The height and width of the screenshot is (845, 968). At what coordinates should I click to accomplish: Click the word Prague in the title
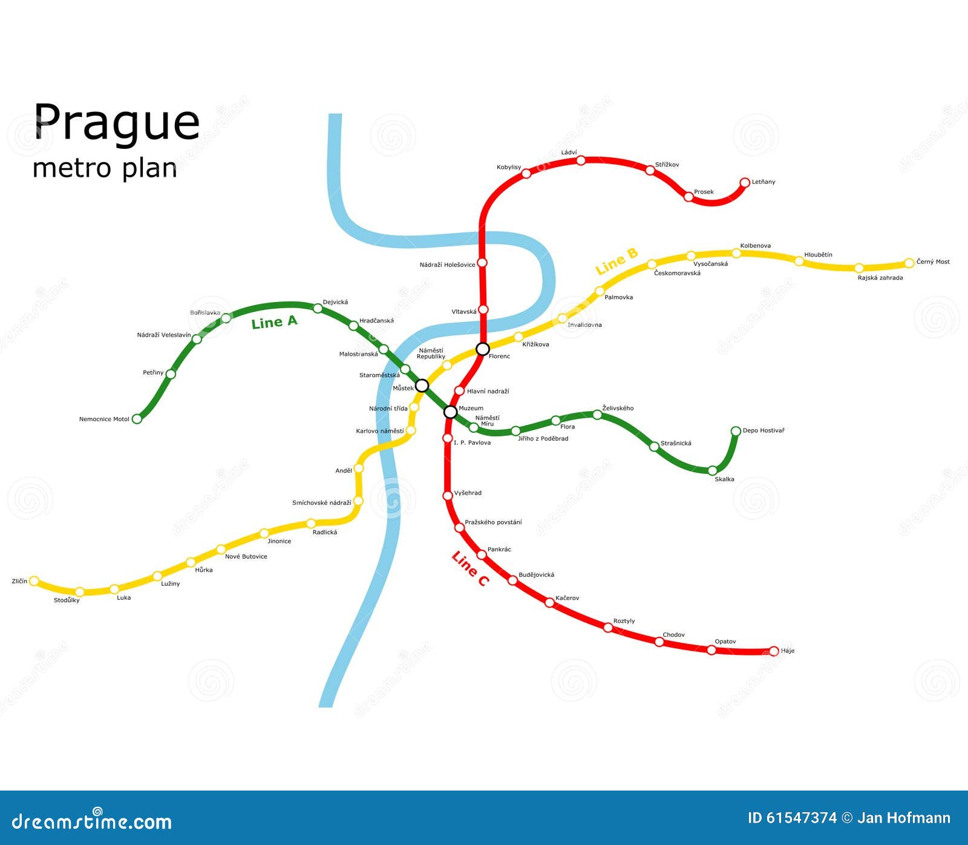point(116,123)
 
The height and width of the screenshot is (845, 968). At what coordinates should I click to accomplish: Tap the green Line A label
point(275,322)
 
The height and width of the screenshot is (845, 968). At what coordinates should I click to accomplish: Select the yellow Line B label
point(616,261)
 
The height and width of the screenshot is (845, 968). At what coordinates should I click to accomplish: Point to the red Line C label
point(470,569)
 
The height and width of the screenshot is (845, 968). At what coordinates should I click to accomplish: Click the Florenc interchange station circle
point(483,349)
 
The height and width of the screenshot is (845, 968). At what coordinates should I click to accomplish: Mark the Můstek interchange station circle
point(422,386)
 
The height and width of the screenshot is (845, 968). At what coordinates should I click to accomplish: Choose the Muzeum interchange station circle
point(450,412)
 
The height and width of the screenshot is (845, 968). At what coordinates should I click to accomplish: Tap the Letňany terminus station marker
point(745,182)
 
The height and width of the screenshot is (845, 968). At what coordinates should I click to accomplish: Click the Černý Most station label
point(933,262)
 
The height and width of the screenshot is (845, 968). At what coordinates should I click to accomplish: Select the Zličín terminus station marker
point(34,581)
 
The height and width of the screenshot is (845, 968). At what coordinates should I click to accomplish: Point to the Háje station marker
point(773,651)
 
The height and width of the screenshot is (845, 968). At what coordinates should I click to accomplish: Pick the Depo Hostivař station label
point(764,431)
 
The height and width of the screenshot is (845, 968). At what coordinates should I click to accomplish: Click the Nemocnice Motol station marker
point(137,419)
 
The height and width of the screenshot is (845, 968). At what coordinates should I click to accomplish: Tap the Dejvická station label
point(335,302)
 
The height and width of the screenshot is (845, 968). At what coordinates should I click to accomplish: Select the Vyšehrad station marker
point(448,495)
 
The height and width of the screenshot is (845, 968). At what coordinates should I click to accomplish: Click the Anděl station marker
point(359,468)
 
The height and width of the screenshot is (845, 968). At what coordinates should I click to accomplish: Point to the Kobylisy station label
point(509,168)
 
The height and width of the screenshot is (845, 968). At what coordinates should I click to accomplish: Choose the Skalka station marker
point(713,470)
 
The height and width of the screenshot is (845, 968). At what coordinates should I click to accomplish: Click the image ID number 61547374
point(801,818)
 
